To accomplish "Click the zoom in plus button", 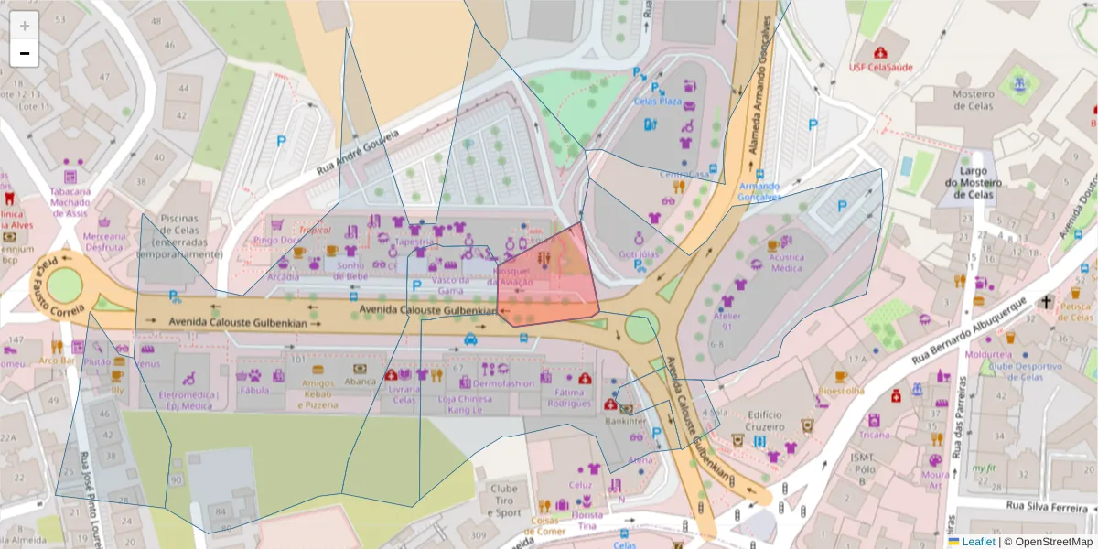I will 25,26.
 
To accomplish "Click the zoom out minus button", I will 25,53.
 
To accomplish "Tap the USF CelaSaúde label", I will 880,67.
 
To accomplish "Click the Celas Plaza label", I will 658,102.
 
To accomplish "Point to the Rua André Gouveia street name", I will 359,153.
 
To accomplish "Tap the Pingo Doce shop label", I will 278,241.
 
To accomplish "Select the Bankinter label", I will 626,422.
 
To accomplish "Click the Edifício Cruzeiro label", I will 765,421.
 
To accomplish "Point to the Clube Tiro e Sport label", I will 503,501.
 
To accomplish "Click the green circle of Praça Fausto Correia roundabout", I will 65,285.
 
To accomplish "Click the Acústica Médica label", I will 786,264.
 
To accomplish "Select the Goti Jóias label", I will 639,254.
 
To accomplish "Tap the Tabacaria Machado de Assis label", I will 70,202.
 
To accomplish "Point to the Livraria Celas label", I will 404,394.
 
